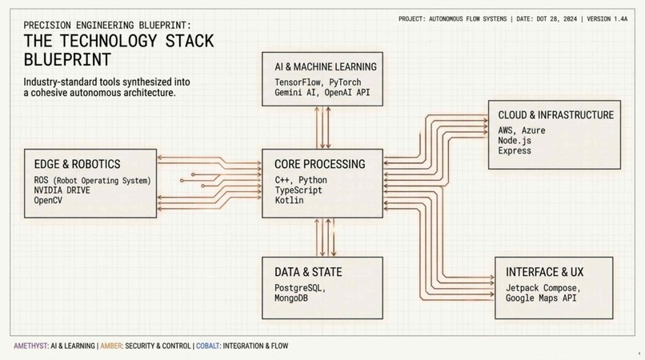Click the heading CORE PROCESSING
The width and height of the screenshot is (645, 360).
[x=319, y=164]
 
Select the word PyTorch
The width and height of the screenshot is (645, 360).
[x=345, y=82]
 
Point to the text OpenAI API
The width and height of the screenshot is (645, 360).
[x=347, y=92]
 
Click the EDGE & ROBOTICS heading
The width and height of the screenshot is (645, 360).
[x=78, y=164]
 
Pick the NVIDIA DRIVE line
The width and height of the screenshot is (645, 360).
[x=62, y=190]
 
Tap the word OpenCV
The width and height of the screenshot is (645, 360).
[x=48, y=200]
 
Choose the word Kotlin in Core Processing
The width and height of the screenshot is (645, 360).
[x=289, y=200]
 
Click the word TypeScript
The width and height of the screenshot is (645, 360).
[x=298, y=190]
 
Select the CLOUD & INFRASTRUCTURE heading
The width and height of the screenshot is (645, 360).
[x=555, y=114]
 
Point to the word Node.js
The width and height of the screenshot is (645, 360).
[x=515, y=140]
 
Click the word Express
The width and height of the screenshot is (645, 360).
[x=515, y=150]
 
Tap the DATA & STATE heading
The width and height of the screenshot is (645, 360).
[x=308, y=272]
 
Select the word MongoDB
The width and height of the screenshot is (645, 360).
[x=291, y=298]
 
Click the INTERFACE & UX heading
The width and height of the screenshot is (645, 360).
[x=545, y=272]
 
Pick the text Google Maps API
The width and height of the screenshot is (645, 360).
[x=541, y=298]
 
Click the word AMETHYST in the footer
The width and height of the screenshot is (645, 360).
[x=31, y=346]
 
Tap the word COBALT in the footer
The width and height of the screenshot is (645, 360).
[x=208, y=346]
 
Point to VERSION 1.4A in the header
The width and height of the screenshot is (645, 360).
[x=607, y=19]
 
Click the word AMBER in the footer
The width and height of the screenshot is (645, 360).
[x=111, y=346]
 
